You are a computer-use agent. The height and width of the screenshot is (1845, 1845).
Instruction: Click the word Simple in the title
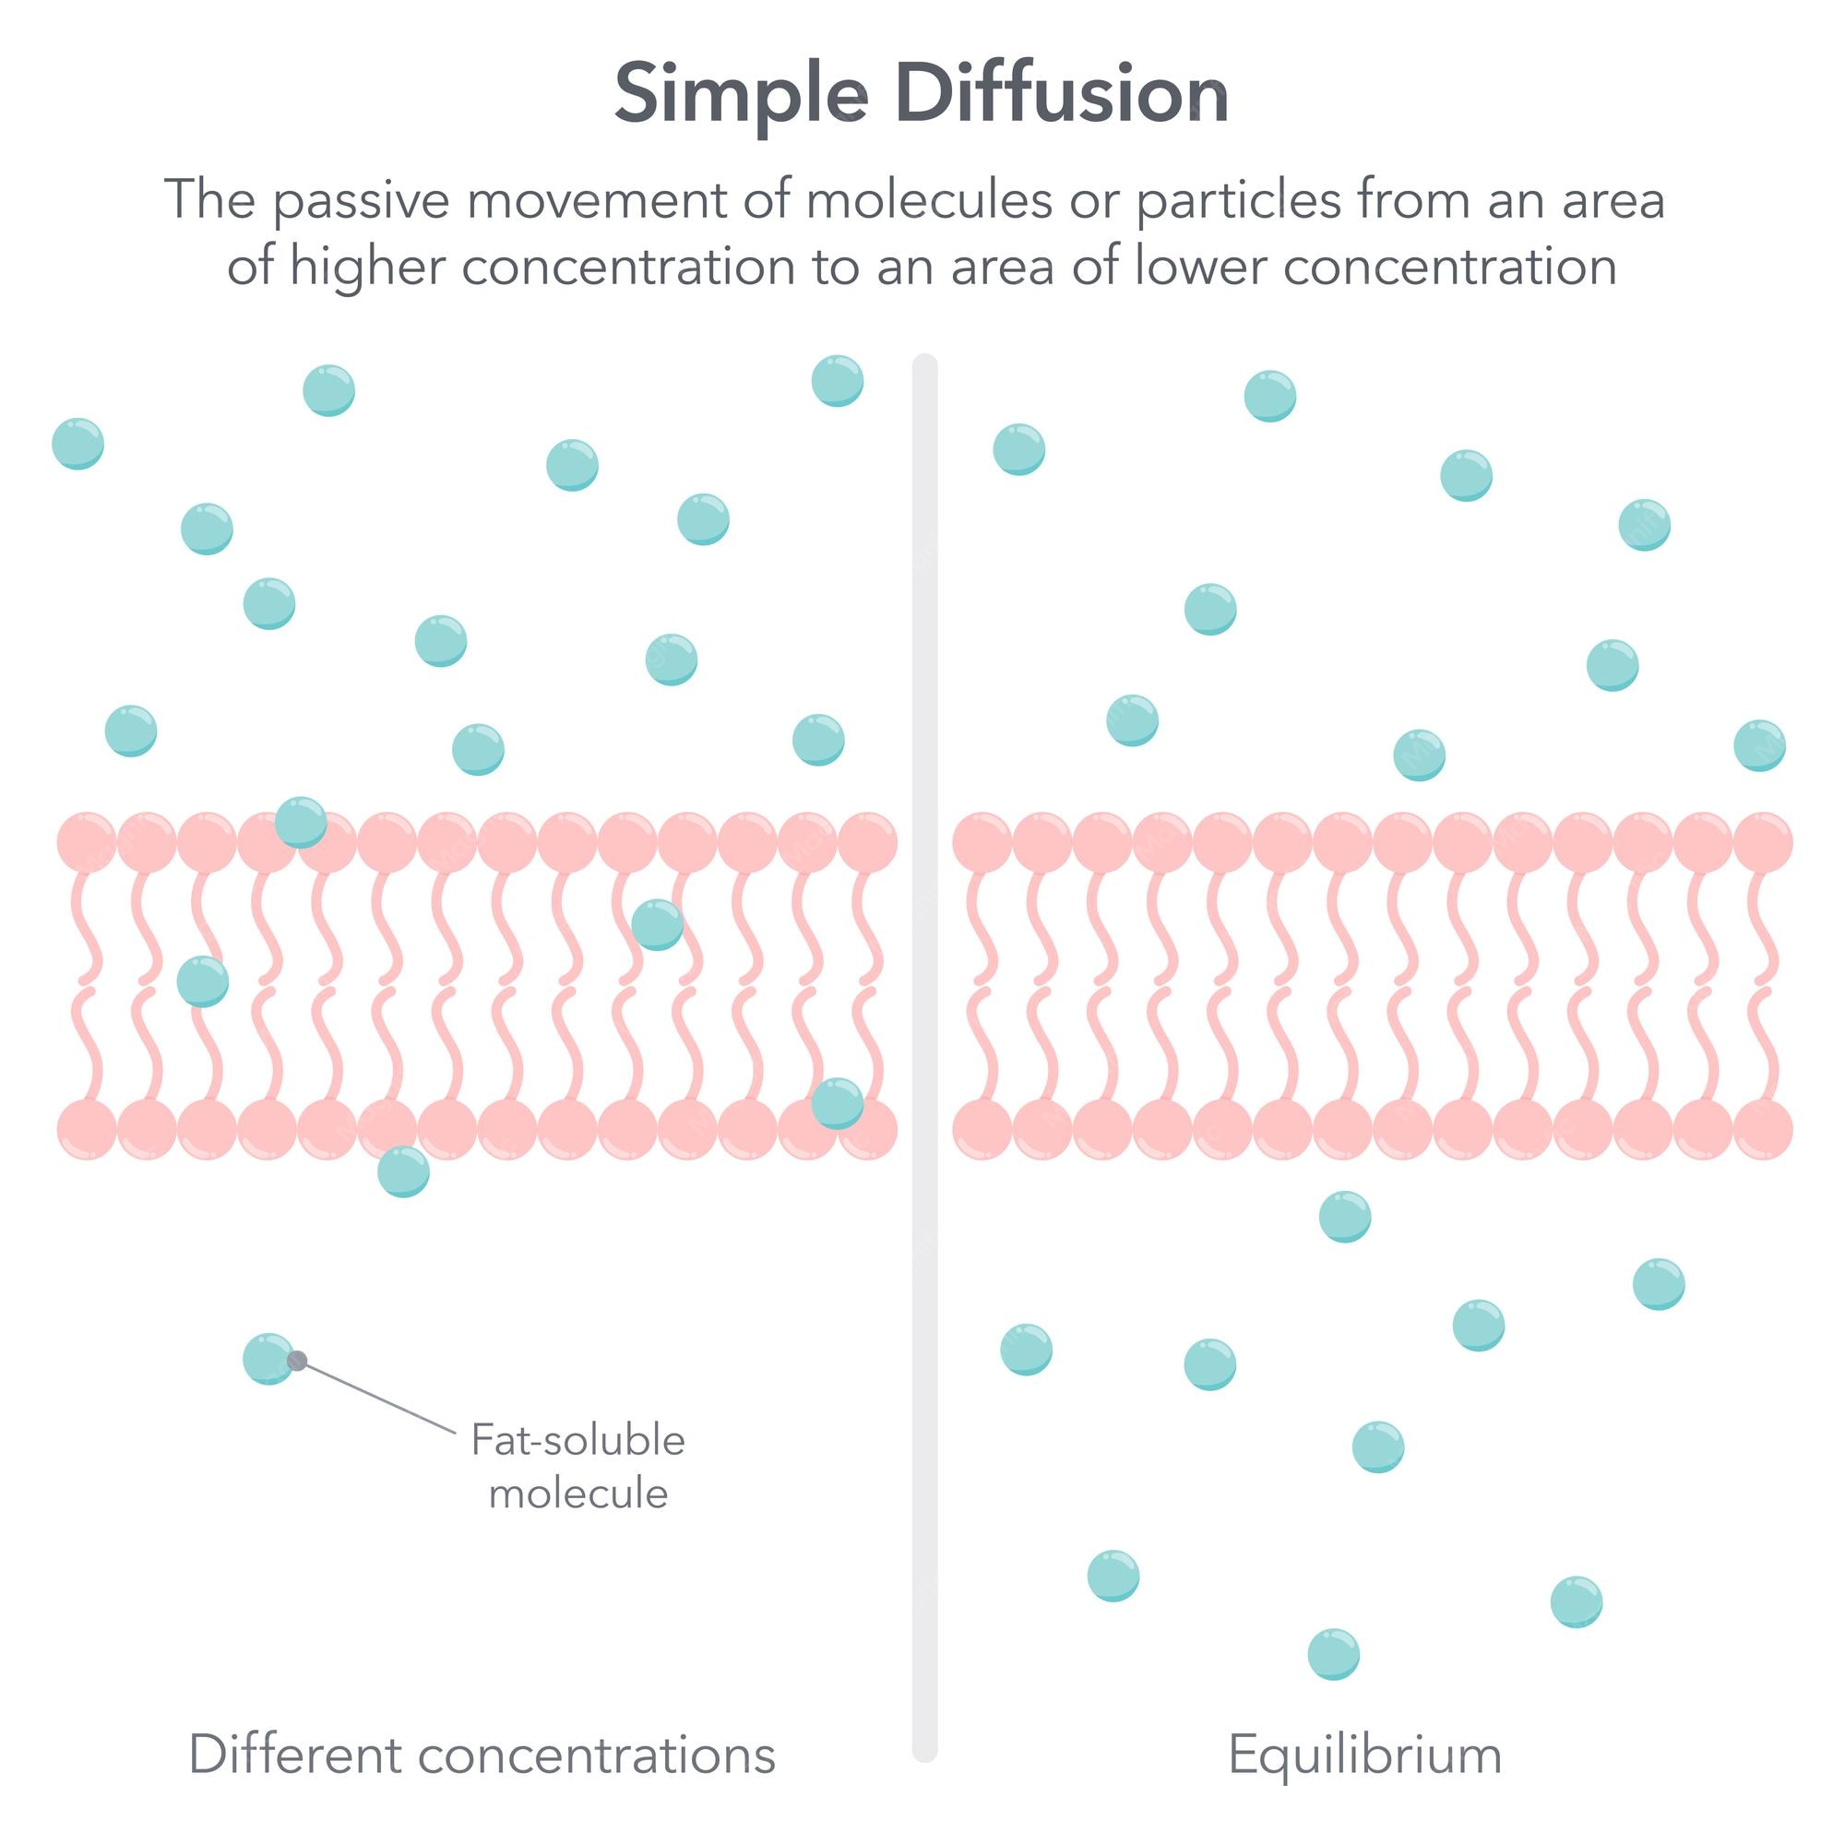pyautogui.click(x=741, y=96)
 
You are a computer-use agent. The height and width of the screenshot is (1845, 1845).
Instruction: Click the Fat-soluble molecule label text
pyautogui.click(x=577, y=1467)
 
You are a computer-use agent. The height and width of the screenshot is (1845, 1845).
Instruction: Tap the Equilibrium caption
pyautogui.click(x=1364, y=1755)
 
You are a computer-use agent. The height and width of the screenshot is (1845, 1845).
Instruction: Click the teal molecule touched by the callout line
pyautogui.click(x=267, y=1358)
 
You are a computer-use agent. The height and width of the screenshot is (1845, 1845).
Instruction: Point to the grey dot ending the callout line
pyautogui.click(x=297, y=1361)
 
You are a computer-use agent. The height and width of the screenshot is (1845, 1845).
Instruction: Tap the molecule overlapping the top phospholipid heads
pyautogui.click(x=301, y=821)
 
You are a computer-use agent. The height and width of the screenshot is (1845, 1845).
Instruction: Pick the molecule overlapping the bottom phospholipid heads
pyautogui.click(x=838, y=1103)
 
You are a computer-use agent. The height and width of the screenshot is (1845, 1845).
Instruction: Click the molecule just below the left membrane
pyautogui.click(x=403, y=1171)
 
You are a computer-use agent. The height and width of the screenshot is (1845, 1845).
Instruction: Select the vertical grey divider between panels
pyautogui.click(x=924, y=1051)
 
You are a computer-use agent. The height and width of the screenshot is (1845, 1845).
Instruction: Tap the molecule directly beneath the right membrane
pyautogui.click(x=1345, y=1217)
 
